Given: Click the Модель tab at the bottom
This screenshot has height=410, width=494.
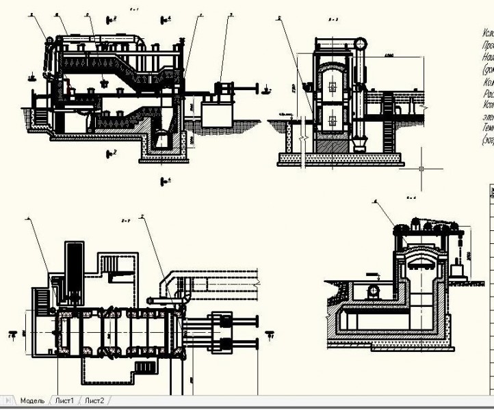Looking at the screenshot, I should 32,400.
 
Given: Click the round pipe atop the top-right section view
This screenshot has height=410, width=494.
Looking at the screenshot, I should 361,44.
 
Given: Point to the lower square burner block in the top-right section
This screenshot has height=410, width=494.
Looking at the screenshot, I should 333,121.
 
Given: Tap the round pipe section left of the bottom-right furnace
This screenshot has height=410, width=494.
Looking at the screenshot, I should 373,291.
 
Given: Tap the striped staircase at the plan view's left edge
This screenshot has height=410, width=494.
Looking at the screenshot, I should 41,297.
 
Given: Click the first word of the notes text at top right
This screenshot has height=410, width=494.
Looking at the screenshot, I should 487,32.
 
